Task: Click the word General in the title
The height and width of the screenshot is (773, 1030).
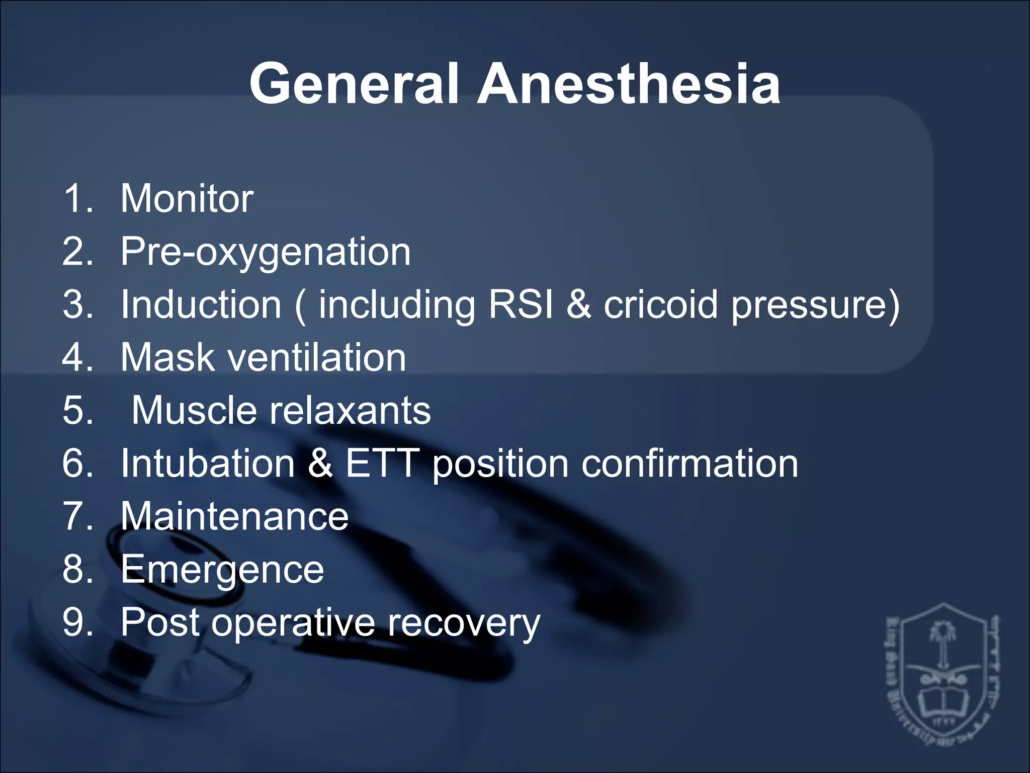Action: tap(354, 84)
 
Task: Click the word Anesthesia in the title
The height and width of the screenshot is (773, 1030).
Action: tap(629, 84)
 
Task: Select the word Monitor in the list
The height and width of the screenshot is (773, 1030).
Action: tap(187, 198)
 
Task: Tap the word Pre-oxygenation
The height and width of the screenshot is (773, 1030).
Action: tap(266, 252)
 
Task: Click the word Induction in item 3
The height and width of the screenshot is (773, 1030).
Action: tap(201, 304)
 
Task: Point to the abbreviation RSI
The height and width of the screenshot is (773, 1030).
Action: tap(521, 304)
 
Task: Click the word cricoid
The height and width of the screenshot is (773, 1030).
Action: tap(660, 304)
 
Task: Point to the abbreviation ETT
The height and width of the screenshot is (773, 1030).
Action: tap(382, 463)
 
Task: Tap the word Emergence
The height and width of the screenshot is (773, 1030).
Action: tap(222, 570)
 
